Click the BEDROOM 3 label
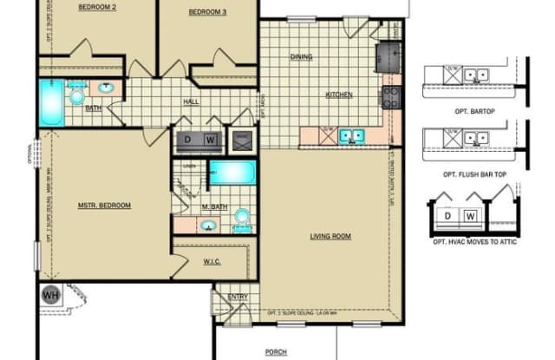207,12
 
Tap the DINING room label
301,57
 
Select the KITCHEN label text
338,94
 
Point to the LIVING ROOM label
330,235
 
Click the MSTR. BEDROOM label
104,206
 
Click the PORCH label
276,352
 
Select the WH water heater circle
49,295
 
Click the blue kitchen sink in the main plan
351,134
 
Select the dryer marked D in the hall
187,139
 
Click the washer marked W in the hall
210,139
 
